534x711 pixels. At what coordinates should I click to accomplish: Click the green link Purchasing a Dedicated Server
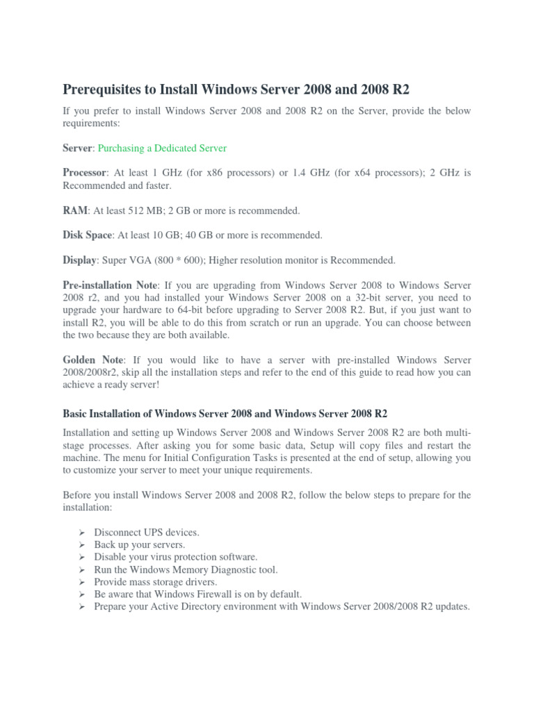tap(162, 148)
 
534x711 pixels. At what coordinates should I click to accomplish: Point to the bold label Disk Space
tap(87, 235)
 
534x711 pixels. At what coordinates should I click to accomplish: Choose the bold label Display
tap(79, 260)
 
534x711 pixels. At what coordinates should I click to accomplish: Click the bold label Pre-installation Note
tap(111, 285)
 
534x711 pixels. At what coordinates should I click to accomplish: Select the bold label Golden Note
tap(93, 360)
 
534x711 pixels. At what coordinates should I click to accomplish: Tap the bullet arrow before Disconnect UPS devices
tap(81, 533)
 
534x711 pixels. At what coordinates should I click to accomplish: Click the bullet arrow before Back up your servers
tap(81, 545)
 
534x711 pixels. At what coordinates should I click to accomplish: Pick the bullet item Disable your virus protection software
tap(176, 557)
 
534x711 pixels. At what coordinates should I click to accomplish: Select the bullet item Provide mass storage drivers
tap(156, 582)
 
